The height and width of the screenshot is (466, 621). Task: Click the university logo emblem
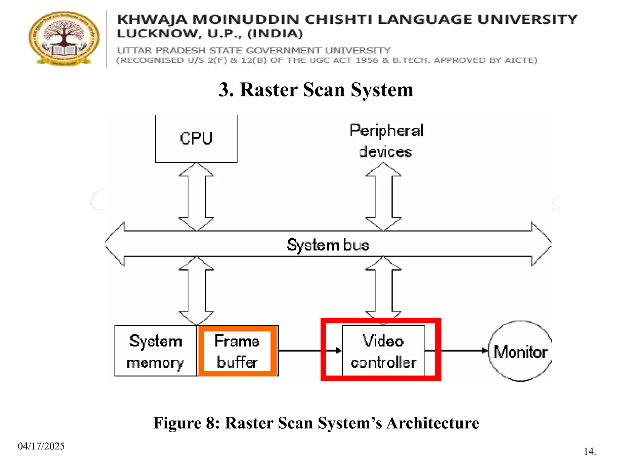pos(64,38)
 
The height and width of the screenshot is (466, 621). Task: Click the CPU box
pos(196,139)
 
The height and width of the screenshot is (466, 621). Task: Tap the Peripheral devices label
pos(386,141)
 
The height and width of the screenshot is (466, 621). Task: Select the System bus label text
pos(328,245)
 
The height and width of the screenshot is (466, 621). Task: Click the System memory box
pos(155,351)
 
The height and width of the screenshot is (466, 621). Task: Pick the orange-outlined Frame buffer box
pos(237,351)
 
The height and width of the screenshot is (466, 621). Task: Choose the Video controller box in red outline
pos(383,351)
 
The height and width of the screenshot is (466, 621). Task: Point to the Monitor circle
pos(520,351)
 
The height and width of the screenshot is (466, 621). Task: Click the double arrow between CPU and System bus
pos(196,197)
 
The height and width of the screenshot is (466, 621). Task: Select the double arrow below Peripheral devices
pos(383,197)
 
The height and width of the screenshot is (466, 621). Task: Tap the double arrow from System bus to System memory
pos(196,291)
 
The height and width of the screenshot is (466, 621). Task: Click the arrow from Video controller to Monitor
pos(464,351)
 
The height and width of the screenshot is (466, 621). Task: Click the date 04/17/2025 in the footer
pos(41,446)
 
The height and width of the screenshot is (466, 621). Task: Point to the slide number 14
pos(590,451)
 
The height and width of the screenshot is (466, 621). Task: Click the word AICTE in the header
pos(521,60)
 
